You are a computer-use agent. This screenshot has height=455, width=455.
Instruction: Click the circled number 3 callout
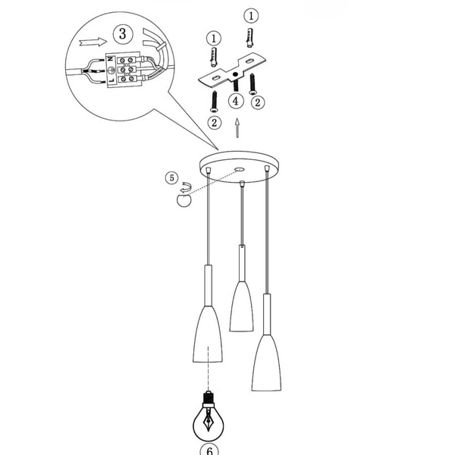coord(121,33)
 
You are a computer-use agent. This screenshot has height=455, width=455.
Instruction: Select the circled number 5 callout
coord(172,179)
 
